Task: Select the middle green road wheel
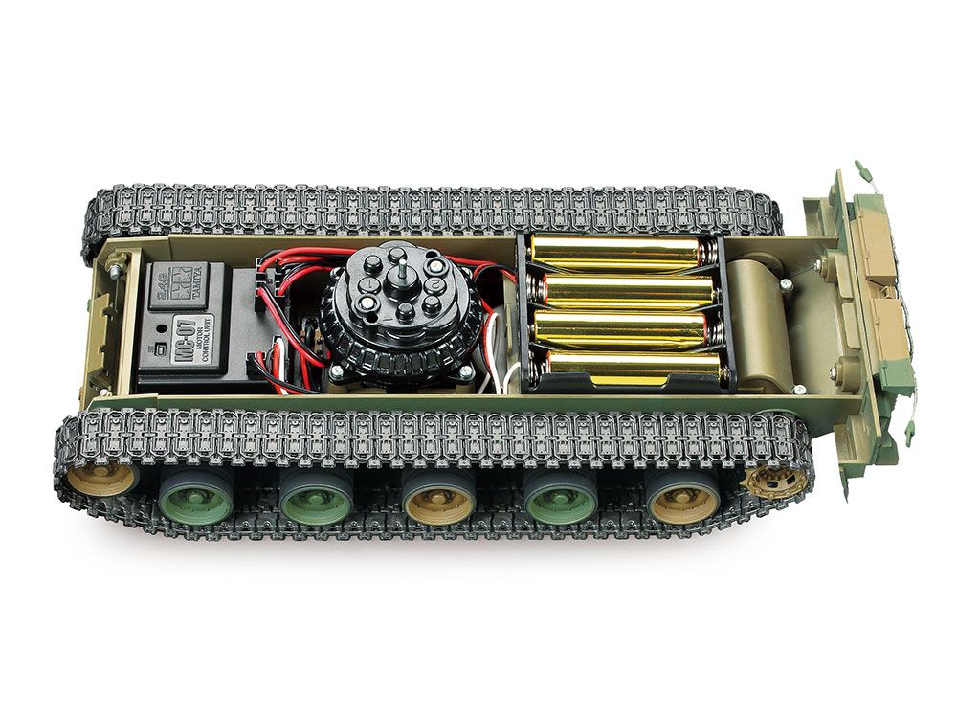point(317,499)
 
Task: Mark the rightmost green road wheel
point(562,499)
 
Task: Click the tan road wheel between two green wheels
point(438,500)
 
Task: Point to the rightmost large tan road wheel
point(683,498)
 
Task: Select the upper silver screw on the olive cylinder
point(785,283)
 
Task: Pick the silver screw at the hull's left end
point(114,273)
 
